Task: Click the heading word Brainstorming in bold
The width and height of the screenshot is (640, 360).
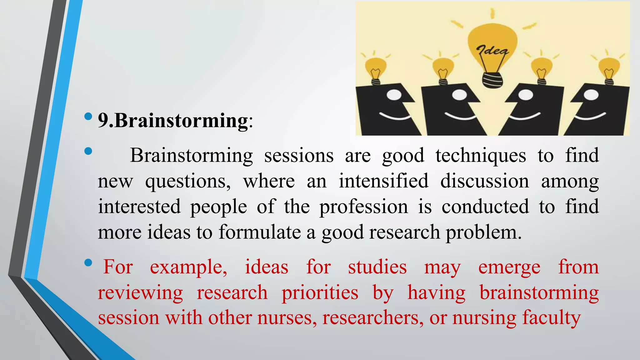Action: coord(181,120)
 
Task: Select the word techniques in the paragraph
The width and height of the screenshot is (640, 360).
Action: coord(481,156)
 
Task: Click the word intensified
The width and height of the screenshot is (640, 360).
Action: coord(384,181)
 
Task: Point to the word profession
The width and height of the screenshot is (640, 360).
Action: coord(364,207)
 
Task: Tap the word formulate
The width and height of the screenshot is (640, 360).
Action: coord(260,232)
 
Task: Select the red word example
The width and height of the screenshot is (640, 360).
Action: coord(188,267)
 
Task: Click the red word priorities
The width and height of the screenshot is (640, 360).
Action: coord(320,293)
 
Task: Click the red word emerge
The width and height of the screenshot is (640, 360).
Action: coord(509,267)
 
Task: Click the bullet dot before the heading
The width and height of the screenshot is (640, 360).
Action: coord(88,117)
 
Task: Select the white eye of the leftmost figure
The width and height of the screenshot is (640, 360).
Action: coord(395,95)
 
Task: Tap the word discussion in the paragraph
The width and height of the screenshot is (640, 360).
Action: coord(485,181)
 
